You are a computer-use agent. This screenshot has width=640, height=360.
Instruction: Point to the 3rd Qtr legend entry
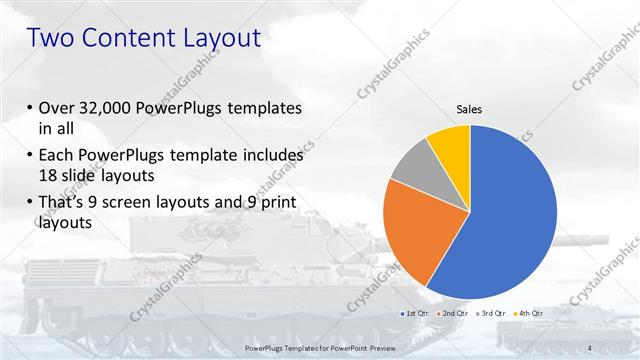pos(491,314)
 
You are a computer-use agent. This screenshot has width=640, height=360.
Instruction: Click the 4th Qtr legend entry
pos(529,314)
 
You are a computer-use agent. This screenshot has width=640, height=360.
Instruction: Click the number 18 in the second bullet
pos(46,175)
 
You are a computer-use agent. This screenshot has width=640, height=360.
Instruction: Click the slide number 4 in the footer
pos(592,348)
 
